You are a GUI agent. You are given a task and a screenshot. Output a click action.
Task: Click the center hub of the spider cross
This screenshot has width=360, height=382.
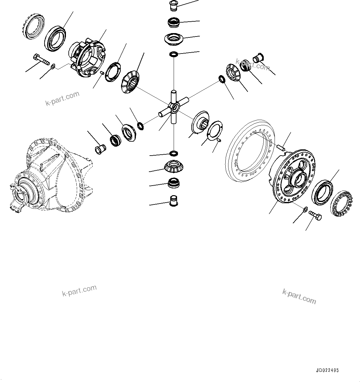[175, 107]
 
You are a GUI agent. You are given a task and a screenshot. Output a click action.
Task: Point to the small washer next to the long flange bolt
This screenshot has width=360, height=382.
[53, 66]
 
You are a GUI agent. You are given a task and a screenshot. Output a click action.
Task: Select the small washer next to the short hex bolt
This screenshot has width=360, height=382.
[305, 209]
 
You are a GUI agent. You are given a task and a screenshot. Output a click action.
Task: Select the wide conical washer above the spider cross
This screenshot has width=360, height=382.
[174, 39]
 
